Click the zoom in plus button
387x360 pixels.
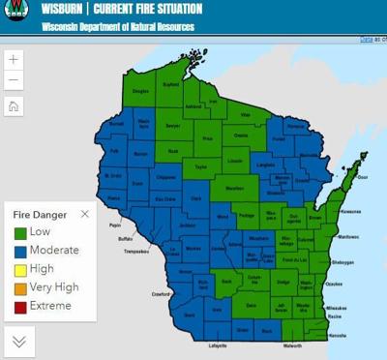[14, 59]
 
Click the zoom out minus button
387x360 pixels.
[14, 80]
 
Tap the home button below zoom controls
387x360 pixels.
[14, 106]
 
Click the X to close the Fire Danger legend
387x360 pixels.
[85, 214]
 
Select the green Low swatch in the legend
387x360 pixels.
[19, 232]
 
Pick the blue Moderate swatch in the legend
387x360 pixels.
[19, 251]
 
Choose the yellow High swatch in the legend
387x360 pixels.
[19, 269]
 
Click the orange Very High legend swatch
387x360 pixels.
[19, 287]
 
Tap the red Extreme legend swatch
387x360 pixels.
[19, 306]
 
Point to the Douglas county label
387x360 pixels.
[141, 91]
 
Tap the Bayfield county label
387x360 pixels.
[171, 84]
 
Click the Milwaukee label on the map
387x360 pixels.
[337, 307]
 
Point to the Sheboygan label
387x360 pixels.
[342, 262]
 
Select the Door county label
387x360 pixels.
[363, 177]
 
